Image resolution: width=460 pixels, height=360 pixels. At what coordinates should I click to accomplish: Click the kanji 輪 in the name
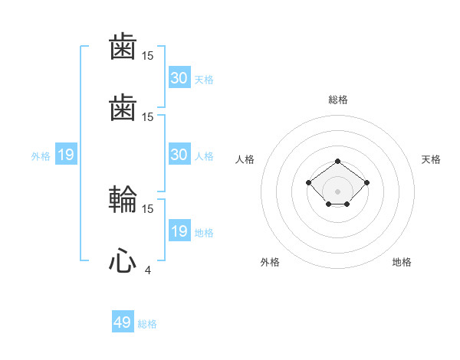click(x=123, y=201)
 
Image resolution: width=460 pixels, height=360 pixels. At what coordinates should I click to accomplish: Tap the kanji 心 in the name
click(x=123, y=262)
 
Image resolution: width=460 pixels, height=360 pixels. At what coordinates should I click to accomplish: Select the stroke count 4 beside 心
click(x=147, y=269)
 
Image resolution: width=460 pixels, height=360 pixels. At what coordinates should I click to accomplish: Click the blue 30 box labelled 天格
click(x=179, y=78)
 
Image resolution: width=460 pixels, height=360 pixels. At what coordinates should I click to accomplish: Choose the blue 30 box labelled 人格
click(x=179, y=155)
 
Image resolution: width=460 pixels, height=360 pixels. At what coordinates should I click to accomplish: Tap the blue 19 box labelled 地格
click(x=179, y=231)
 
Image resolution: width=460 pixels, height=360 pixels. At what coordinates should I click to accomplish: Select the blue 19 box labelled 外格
click(x=66, y=155)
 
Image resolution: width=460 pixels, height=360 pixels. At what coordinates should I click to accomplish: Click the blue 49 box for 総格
click(x=123, y=322)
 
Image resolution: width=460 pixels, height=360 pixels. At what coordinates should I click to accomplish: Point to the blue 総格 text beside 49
click(x=147, y=324)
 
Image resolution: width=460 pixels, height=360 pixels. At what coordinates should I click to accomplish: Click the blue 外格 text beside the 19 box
click(x=41, y=156)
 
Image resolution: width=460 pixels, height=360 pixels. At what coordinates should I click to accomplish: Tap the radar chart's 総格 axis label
click(x=338, y=100)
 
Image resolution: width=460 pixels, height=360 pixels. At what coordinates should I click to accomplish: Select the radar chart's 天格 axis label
click(x=432, y=159)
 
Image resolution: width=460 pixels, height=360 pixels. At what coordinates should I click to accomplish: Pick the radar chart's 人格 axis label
click(x=245, y=159)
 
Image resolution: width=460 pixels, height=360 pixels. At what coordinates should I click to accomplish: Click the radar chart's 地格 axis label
click(x=402, y=262)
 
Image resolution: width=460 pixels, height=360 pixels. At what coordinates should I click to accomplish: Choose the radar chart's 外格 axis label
click(x=270, y=262)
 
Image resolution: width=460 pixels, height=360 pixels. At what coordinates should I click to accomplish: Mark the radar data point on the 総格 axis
click(x=338, y=162)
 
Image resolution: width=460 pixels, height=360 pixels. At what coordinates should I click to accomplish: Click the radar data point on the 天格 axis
click(x=367, y=182)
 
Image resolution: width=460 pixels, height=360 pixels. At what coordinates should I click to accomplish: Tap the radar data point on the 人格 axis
click(x=309, y=182)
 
